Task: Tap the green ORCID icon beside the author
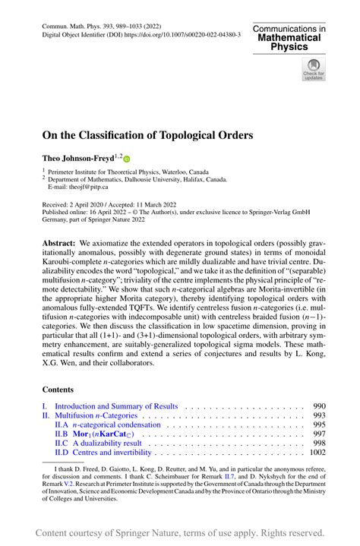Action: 127,158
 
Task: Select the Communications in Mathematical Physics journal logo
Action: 290,36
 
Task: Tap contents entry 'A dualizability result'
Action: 106,443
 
